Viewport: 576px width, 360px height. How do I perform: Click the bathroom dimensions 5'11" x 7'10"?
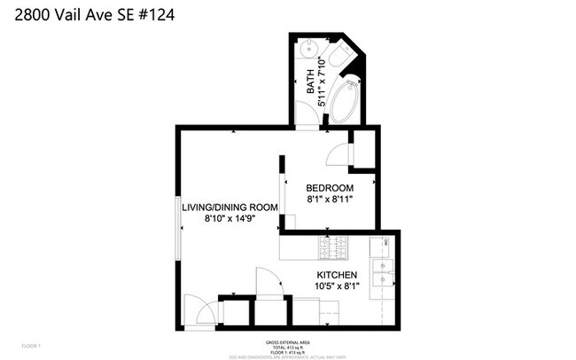coord(323,81)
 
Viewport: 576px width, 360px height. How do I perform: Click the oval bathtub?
coord(344,103)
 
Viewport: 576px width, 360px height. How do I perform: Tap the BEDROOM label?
coord(330,188)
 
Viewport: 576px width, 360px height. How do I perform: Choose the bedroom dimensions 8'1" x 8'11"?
coord(330,200)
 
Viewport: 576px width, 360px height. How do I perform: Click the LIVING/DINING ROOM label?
coord(230,207)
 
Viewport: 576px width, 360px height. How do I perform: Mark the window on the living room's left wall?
coord(177,227)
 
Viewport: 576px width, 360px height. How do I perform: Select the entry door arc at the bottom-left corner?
coord(200,312)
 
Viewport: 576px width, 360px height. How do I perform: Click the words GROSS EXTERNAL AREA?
coord(287,341)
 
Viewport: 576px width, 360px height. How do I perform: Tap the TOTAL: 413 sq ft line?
coord(287,347)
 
